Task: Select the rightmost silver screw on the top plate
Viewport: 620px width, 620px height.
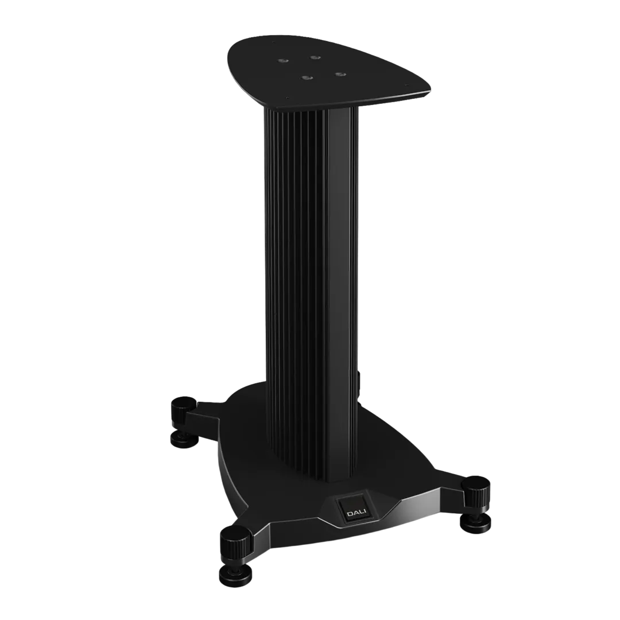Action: tap(339, 74)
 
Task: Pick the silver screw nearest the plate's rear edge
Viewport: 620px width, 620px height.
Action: tap(314, 57)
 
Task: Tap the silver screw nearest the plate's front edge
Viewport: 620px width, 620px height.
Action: tap(305, 77)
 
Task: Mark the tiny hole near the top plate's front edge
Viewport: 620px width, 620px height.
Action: tap(288, 98)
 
